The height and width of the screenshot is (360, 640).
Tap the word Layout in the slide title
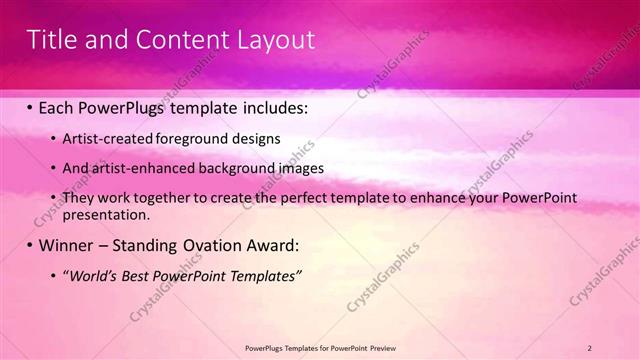pos(273,40)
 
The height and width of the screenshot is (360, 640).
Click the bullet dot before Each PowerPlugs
pos(30,106)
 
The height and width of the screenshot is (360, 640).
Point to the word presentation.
pos(105,214)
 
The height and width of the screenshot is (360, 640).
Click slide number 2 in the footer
pos(590,347)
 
